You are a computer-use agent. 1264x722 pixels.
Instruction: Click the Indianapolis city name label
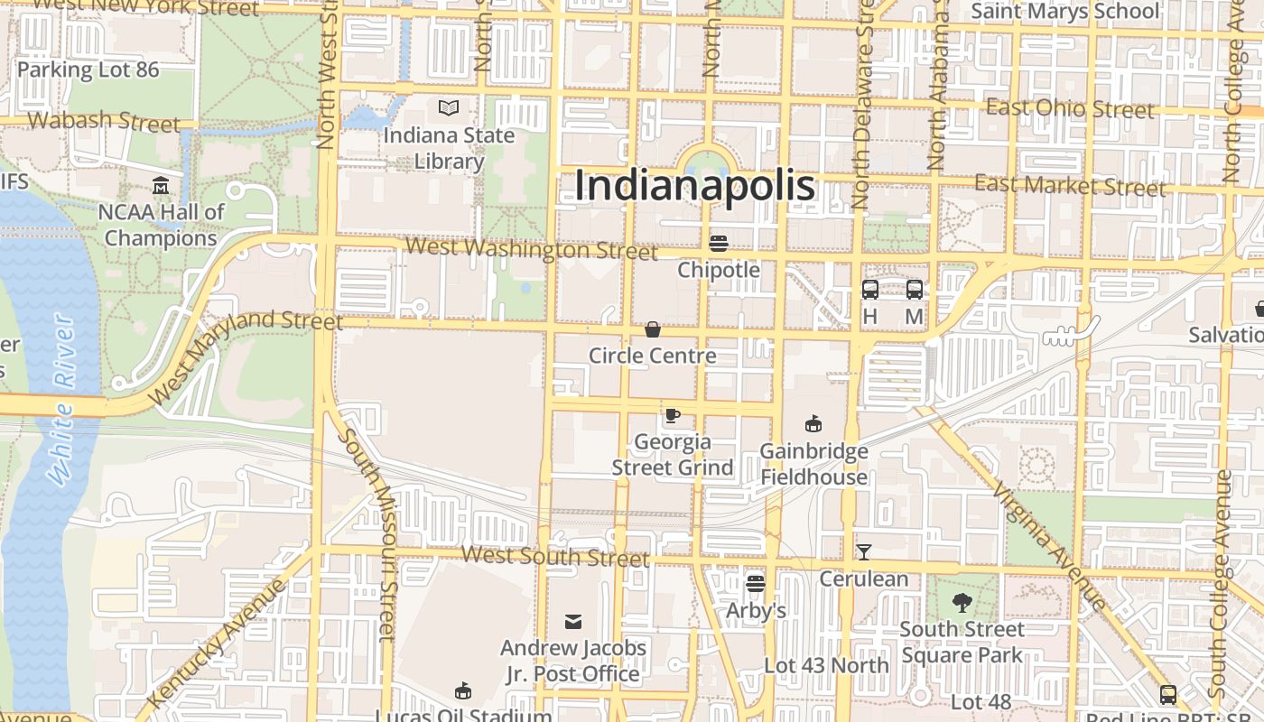pyautogui.click(x=694, y=186)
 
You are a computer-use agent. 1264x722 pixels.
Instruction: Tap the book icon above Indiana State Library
pyautogui.click(x=449, y=108)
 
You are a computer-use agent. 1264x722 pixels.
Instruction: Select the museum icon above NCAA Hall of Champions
pyautogui.click(x=161, y=186)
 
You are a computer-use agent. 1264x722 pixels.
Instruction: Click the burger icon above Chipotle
pyautogui.click(x=719, y=243)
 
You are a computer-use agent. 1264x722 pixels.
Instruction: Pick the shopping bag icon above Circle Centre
pyautogui.click(x=652, y=329)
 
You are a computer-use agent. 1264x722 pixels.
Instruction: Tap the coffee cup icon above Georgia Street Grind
pyautogui.click(x=672, y=415)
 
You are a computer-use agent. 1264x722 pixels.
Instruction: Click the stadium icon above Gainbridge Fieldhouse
pyautogui.click(x=813, y=423)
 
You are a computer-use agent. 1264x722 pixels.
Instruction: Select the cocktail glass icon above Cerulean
pyautogui.click(x=864, y=551)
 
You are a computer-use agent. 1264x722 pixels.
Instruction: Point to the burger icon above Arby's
pyautogui.click(x=756, y=584)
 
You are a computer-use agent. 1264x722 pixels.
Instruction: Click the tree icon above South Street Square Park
pyautogui.click(x=962, y=602)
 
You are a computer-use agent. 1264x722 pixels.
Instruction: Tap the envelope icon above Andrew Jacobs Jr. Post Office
pyautogui.click(x=573, y=621)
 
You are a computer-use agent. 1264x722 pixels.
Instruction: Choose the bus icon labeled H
pyautogui.click(x=870, y=290)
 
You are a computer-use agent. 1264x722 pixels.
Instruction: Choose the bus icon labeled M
pyautogui.click(x=915, y=290)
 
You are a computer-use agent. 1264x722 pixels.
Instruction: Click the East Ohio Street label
pyautogui.click(x=1070, y=108)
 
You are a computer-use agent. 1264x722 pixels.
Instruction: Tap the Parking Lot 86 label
pyautogui.click(x=88, y=69)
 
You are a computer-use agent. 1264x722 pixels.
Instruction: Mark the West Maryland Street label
pyautogui.click(x=246, y=354)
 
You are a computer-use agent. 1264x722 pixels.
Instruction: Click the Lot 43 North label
pyautogui.click(x=826, y=666)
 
